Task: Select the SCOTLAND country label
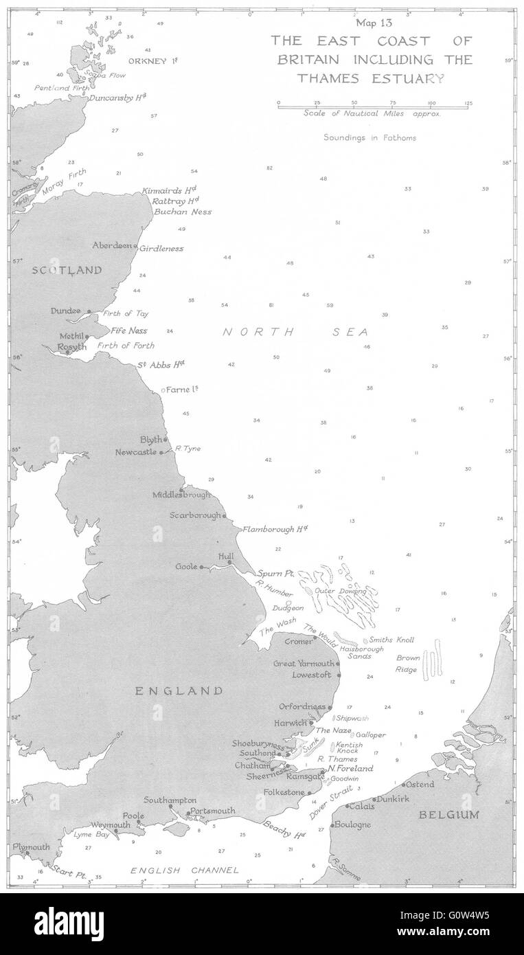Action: pos(67,271)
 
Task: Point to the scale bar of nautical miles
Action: pos(373,105)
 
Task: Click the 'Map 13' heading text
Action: pos(371,23)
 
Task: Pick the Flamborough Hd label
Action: pos(274,529)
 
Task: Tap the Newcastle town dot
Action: pos(161,453)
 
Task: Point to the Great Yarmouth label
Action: pos(304,664)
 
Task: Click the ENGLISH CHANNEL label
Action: pos(185,870)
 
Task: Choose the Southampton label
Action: pos(170,800)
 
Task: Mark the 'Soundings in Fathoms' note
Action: pos(369,137)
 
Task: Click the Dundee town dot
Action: pos(89,311)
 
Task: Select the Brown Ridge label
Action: pos(407,664)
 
